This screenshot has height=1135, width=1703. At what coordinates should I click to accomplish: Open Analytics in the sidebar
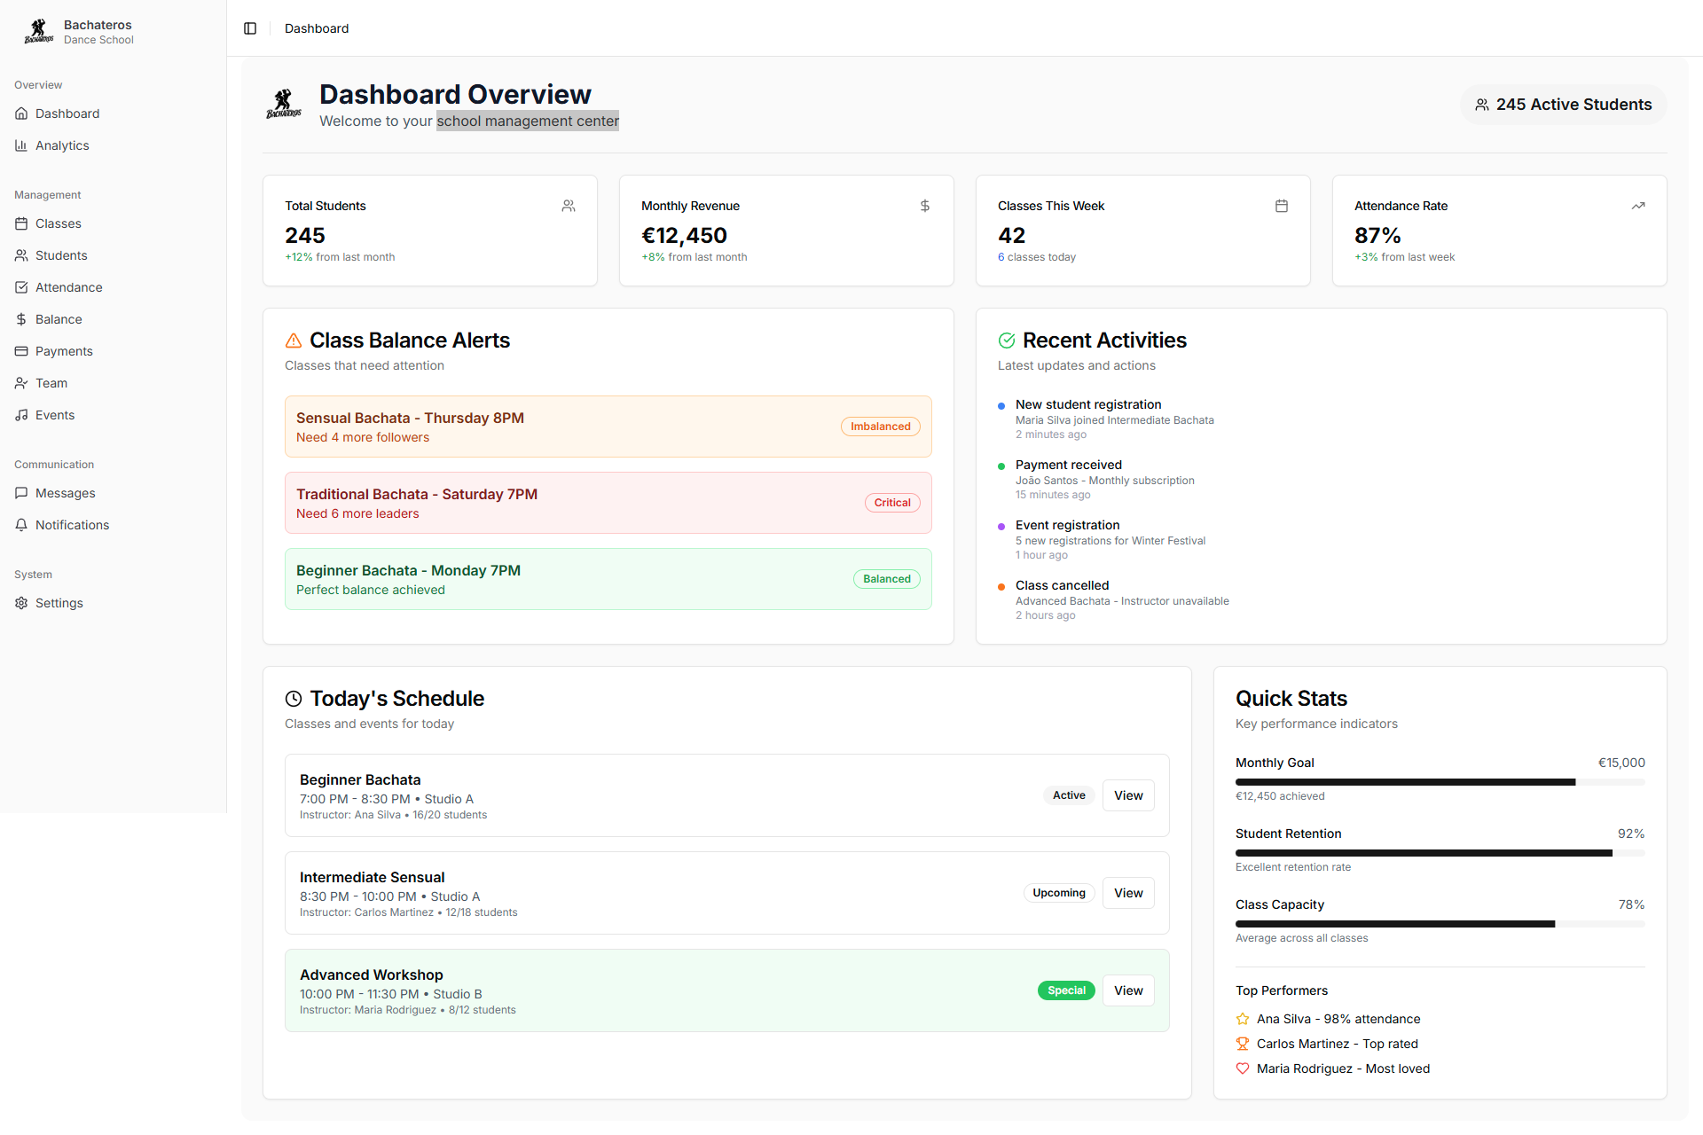point(62,145)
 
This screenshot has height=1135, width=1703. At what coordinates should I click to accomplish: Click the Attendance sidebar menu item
point(68,287)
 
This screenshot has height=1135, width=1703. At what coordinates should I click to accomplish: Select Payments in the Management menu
point(64,351)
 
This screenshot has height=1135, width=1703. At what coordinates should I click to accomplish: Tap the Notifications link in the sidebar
point(72,525)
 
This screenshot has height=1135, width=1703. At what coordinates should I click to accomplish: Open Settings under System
point(59,603)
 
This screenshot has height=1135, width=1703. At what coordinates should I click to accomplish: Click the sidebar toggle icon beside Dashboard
point(250,28)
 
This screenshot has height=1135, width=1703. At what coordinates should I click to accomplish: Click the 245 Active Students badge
point(1563,105)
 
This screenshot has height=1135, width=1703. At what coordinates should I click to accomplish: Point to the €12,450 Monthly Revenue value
point(684,236)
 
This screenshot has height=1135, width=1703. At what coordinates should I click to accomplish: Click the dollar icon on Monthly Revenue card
point(925,206)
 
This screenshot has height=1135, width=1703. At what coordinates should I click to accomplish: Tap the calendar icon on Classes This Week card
point(1282,206)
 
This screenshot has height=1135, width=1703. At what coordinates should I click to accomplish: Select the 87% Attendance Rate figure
point(1377,236)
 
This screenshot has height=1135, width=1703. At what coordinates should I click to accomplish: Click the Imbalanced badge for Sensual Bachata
point(880,427)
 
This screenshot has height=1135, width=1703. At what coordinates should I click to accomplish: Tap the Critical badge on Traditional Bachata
point(892,503)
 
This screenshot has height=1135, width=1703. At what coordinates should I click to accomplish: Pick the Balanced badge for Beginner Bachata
point(886,579)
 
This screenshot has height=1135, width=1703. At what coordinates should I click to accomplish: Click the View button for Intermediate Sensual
point(1128,893)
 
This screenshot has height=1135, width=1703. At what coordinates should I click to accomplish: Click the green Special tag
point(1066,990)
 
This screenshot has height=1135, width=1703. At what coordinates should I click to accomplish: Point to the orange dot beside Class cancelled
point(1001,586)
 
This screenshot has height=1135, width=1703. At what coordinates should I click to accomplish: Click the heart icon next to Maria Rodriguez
point(1243,1068)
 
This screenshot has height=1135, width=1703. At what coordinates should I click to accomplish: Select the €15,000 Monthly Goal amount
point(1621,763)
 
